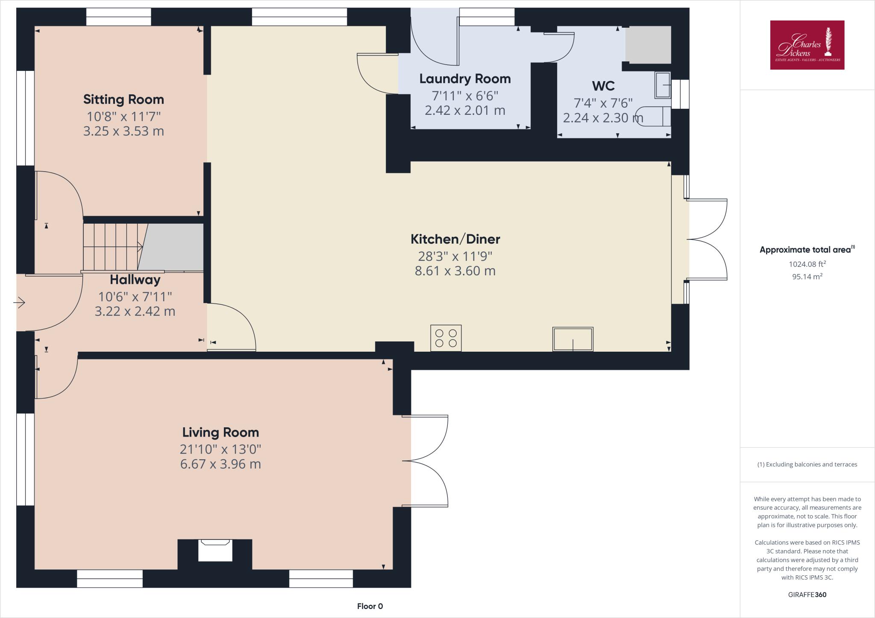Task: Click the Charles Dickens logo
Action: coord(807,45)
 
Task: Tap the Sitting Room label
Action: coord(123,99)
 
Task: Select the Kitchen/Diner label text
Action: coord(455,239)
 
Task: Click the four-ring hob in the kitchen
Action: coord(446,338)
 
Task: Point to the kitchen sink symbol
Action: coord(573,339)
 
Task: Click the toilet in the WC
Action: coord(653,116)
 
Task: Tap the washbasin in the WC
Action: coord(663,85)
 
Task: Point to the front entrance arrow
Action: coord(19,303)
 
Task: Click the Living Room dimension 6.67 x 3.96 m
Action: coord(220,464)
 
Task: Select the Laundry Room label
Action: coord(465,79)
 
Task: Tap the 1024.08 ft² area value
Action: coord(807,264)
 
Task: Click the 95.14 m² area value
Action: coord(807,277)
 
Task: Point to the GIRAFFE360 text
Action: coord(807,595)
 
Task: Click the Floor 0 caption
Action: coord(370,606)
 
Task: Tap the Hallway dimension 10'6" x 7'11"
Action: coord(135,296)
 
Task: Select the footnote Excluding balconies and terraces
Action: coord(807,464)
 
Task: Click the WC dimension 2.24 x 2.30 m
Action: coord(603,118)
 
